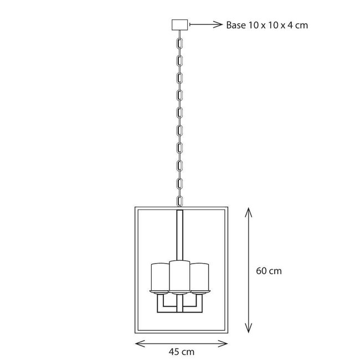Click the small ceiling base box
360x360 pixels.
180,25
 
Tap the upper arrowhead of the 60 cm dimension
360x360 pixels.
248,210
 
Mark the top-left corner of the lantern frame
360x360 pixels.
136,208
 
